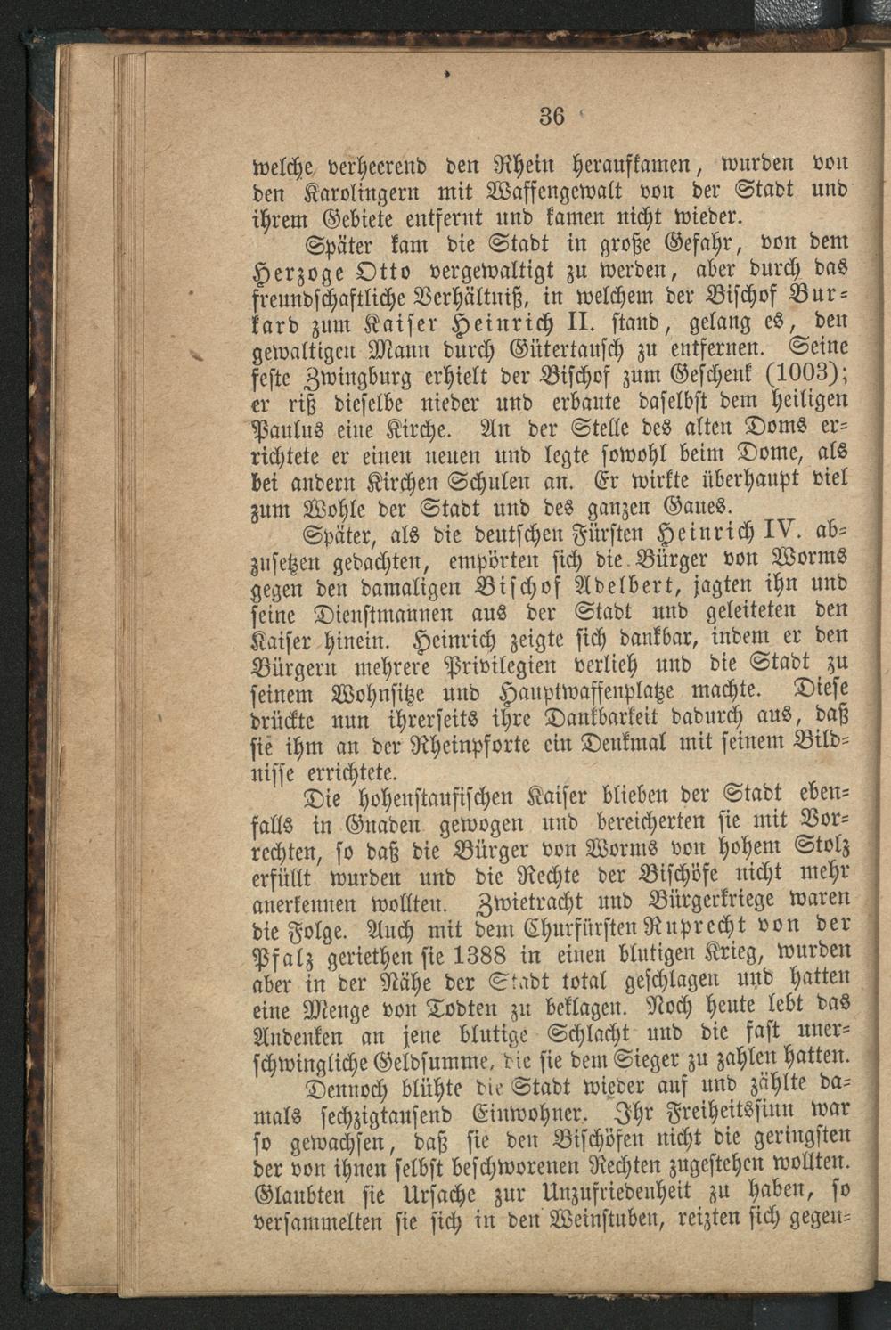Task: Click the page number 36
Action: (552, 115)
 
